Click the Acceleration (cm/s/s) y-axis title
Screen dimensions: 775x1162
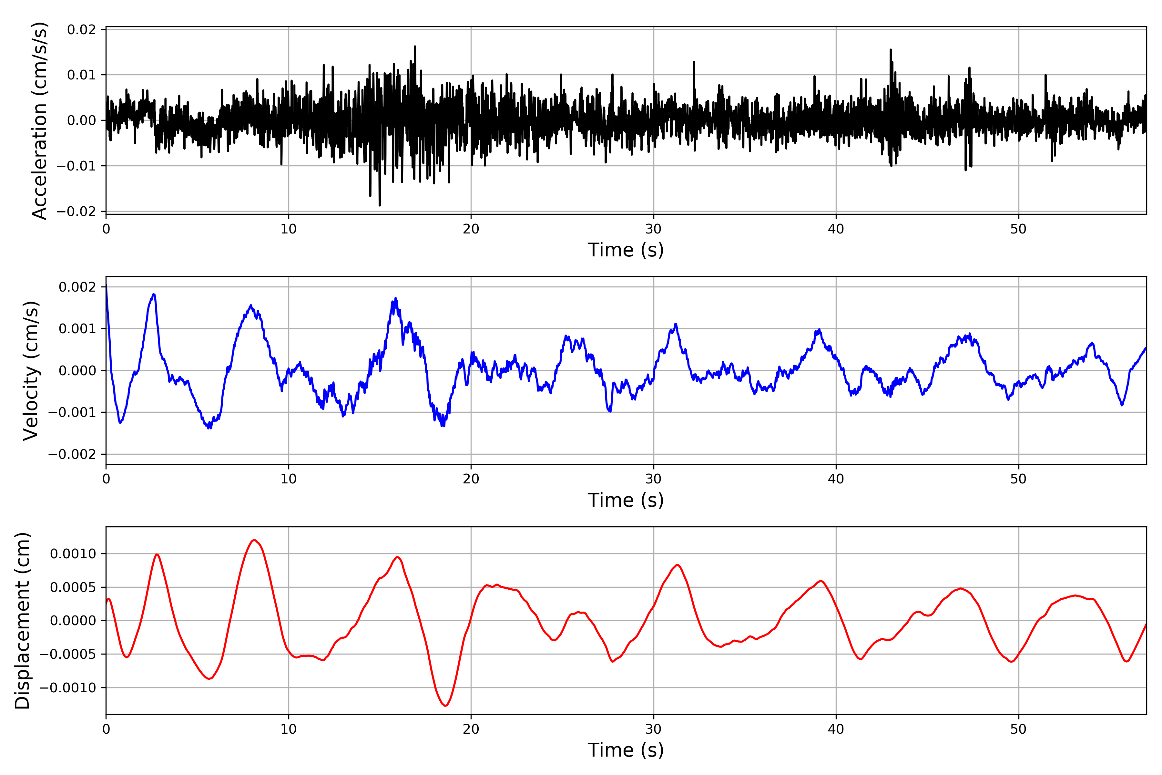tap(39, 120)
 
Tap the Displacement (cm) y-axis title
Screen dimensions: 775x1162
tap(22, 621)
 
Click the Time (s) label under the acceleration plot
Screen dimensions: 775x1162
tap(626, 250)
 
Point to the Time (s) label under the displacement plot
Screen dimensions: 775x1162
tap(626, 750)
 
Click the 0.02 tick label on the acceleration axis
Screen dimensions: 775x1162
tap(82, 30)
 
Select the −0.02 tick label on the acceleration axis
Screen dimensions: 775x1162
tap(76, 212)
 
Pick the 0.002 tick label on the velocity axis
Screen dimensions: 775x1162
tap(77, 287)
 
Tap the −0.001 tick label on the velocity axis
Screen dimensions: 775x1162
tap(72, 412)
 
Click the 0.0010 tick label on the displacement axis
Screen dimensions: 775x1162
tap(73, 554)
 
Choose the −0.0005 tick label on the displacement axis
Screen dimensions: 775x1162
tap(68, 655)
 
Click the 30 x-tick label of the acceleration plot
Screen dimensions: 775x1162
tap(653, 229)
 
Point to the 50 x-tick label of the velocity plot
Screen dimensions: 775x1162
tap(1018, 479)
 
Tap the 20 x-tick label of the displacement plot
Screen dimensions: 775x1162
tap(471, 729)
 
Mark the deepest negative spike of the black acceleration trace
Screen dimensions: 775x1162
tap(380, 205)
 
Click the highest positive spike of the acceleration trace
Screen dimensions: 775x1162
tap(415, 46)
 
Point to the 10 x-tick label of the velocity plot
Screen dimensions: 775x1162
tap(289, 479)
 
